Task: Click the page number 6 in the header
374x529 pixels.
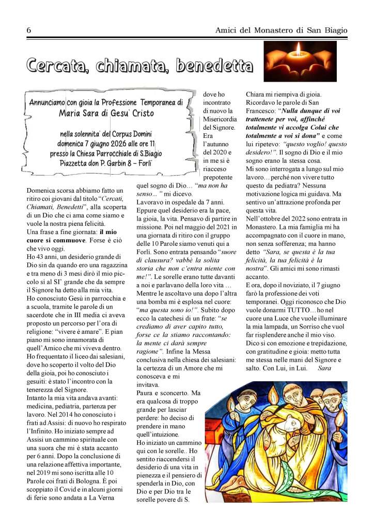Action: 29,31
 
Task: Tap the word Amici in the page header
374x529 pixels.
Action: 226,31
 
